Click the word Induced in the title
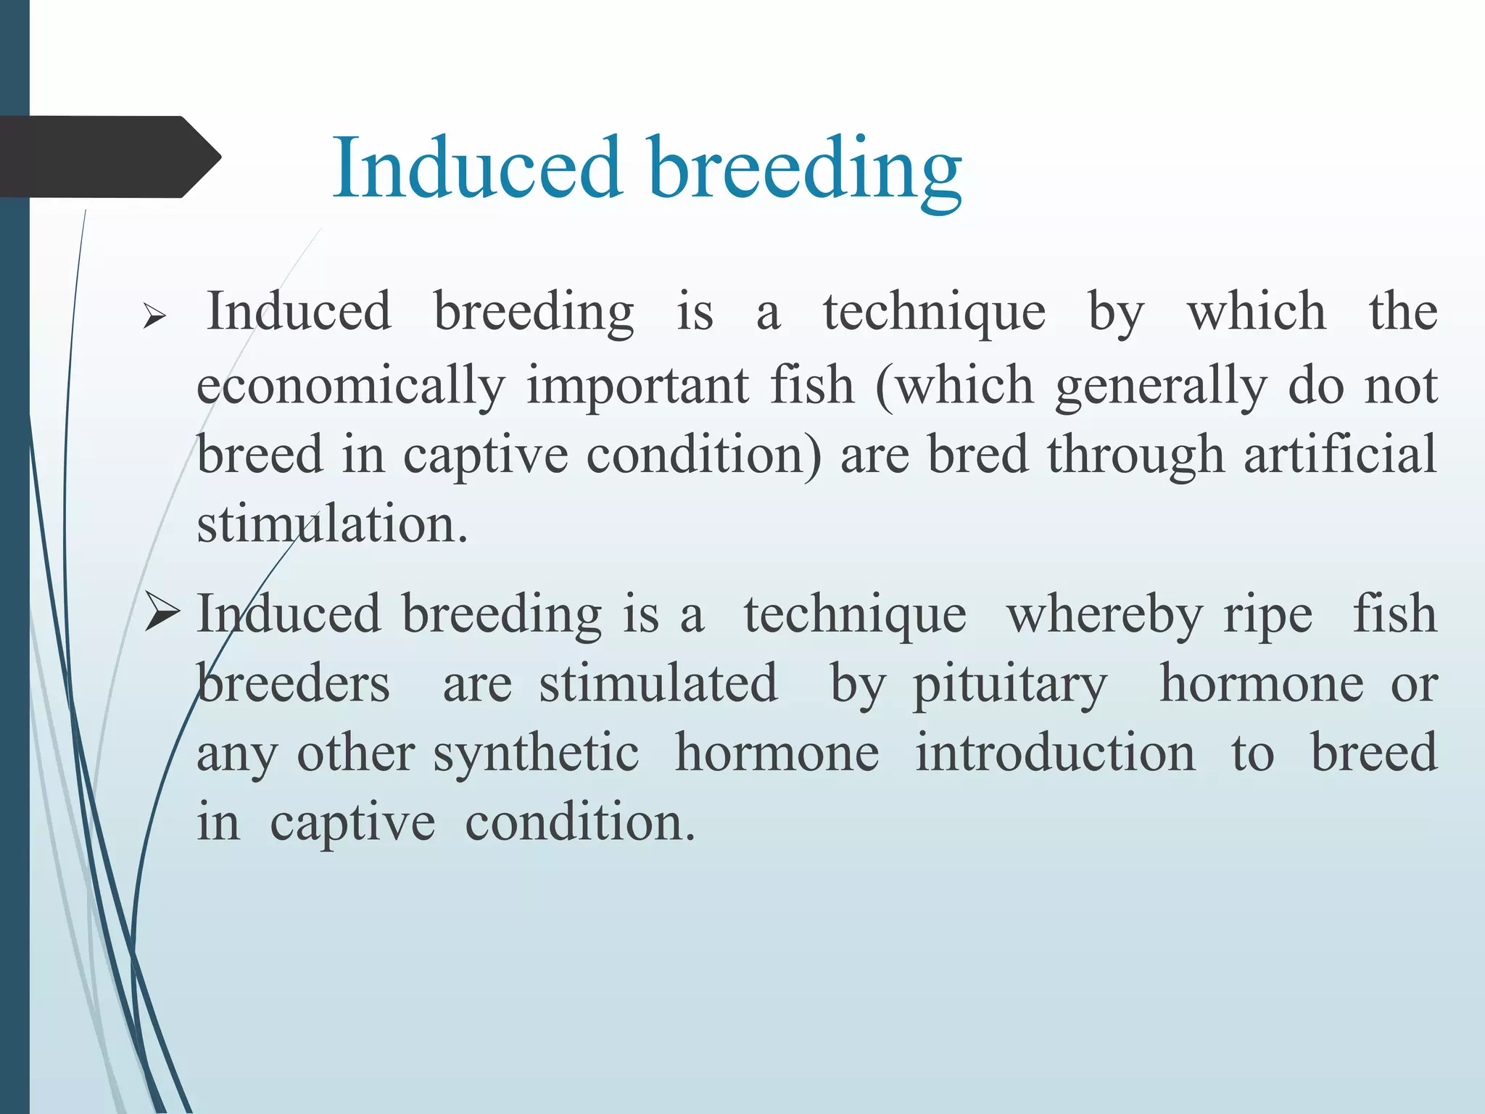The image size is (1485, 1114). point(477,168)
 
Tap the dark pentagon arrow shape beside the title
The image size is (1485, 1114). point(109,157)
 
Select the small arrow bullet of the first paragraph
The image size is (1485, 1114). point(154,317)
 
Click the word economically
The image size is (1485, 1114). point(350,386)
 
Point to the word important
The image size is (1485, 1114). point(637,386)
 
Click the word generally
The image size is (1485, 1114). point(1160,386)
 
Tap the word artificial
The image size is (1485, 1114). point(1340,455)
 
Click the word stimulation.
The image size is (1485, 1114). point(332,524)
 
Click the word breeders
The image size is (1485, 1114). point(293,684)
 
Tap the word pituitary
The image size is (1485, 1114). point(1009,684)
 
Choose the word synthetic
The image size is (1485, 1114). point(536,754)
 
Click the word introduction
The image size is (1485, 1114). point(1054,754)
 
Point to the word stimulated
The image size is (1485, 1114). point(658,684)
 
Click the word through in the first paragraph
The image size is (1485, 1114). point(1136,455)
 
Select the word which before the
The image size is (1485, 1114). point(1256,312)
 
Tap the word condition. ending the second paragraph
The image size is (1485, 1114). point(579,823)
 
